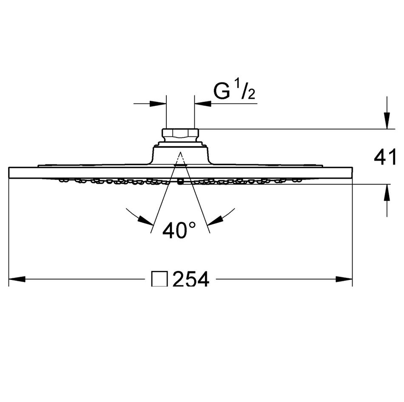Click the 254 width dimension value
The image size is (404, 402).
191,279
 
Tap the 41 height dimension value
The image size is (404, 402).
385,158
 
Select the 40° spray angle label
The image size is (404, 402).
179,231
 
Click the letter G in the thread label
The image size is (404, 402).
222,91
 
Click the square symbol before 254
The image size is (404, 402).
160,279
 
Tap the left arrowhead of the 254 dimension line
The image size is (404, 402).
17,279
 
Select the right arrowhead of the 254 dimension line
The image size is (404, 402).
344,279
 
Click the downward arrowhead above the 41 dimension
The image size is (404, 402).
387,120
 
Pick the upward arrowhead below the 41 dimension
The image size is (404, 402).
387,193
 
